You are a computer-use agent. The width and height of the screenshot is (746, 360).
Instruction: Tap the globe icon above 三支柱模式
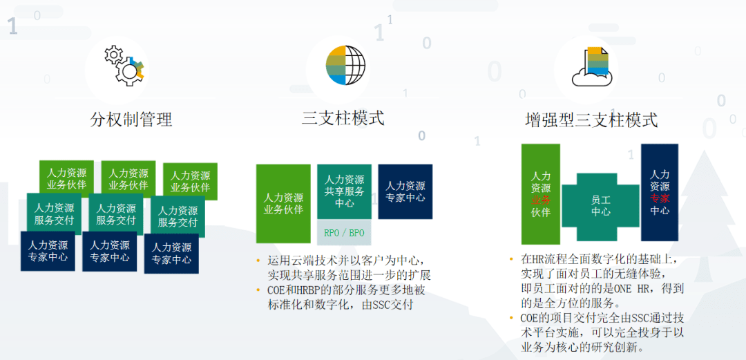[345, 65]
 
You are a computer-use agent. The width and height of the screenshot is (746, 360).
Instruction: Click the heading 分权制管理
[131, 120]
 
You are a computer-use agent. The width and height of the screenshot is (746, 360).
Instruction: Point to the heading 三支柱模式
[343, 118]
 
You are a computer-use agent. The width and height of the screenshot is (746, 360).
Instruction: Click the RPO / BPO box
[344, 234]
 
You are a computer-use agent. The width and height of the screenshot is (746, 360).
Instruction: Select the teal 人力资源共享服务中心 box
[344, 191]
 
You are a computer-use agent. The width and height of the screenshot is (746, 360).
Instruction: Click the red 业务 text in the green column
[541, 200]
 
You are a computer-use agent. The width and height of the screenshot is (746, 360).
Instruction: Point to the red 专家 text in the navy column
[660, 198]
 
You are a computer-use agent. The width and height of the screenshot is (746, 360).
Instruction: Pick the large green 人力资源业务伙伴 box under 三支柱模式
[283, 204]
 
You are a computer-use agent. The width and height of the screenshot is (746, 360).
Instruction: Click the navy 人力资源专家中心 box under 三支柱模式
[405, 191]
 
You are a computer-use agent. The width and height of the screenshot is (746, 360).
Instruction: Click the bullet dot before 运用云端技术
[259, 261]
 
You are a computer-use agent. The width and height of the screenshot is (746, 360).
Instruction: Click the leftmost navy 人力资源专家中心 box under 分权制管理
[48, 252]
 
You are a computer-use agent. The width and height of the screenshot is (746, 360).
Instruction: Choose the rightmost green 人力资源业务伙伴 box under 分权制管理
[191, 181]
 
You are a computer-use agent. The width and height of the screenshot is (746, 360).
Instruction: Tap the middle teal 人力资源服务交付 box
[116, 214]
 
